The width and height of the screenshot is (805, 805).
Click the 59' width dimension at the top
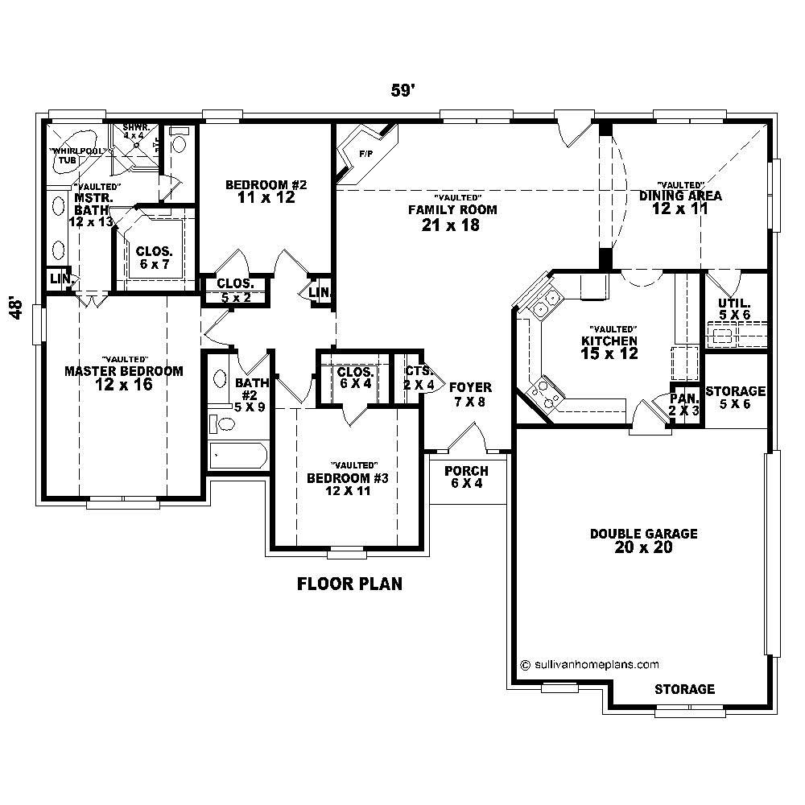(402, 92)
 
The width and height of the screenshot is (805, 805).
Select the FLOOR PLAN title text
(350, 584)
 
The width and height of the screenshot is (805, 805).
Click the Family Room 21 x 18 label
(451, 217)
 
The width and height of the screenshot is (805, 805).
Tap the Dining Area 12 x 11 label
(680, 201)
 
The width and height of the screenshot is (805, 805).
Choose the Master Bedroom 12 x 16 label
(123, 378)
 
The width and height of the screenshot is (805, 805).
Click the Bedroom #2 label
(266, 191)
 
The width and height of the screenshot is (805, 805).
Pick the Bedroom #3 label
(348, 484)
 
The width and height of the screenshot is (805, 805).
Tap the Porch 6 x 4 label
(466, 477)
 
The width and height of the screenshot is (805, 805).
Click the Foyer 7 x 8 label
(470, 394)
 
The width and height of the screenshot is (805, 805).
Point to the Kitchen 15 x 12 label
(609, 346)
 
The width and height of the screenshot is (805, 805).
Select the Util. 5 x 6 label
(734, 309)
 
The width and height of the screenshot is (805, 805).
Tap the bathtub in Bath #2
(238, 456)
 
